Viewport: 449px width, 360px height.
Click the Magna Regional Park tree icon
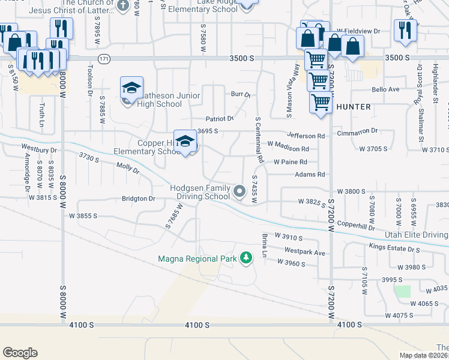(x=246, y=258)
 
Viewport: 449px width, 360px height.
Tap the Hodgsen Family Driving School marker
(x=240, y=191)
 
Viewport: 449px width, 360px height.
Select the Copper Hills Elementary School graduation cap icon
(x=186, y=142)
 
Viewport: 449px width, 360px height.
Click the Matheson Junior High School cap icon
(x=131, y=88)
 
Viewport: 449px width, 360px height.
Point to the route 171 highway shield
(x=104, y=58)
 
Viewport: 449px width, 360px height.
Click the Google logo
(x=20, y=353)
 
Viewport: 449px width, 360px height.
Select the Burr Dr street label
(x=241, y=94)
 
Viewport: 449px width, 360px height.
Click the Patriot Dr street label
(x=219, y=119)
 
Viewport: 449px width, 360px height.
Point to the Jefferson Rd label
(x=306, y=136)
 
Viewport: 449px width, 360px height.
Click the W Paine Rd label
(x=291, y=162)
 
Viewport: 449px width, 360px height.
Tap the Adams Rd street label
(x=310, y=175)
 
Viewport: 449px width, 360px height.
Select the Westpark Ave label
(x=305, y=253)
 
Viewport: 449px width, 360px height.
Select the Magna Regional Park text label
(x=197, y=259)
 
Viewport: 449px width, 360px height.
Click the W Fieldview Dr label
(x=359, y=31)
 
